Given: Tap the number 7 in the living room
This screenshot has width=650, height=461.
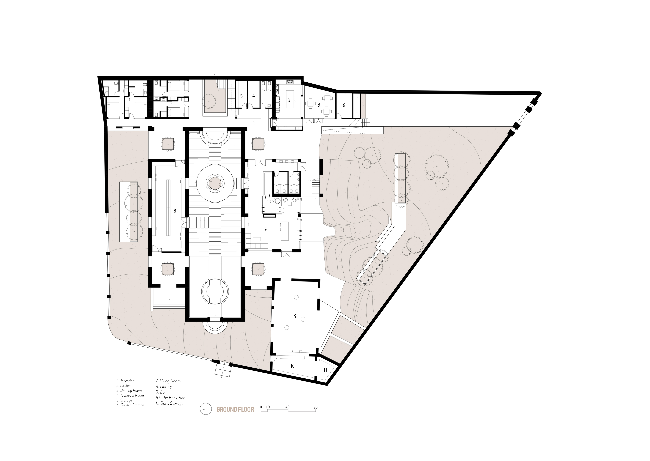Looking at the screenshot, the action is (266, 230).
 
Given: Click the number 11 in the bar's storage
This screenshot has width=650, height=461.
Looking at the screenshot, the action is (325, 370).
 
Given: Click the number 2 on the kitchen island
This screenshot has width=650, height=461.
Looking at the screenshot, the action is (289, 100).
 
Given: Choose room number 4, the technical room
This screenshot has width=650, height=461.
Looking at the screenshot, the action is (253, 96).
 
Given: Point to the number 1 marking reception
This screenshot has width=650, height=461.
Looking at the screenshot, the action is (254, 123).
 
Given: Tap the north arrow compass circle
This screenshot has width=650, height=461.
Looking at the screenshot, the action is (206, 409).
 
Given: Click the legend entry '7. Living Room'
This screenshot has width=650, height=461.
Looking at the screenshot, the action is (168, 381).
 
